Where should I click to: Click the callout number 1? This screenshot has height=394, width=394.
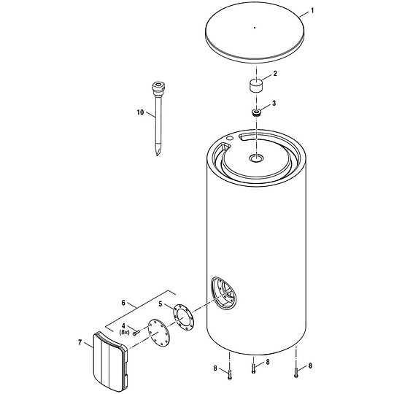point(312,11)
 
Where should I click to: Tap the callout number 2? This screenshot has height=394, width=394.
point(275,74)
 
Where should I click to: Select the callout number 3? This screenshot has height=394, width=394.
point(274,103)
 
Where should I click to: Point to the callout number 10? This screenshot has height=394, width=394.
point(140,112)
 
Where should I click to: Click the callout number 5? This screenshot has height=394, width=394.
point(161,304)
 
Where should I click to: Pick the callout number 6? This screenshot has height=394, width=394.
point(123,303)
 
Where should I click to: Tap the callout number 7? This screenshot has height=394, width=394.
point(80,342)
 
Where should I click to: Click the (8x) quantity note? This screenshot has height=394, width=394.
point(124,332)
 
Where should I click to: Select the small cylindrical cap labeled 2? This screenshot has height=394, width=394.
point(256,86)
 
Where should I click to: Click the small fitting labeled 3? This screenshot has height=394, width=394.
point(256,112)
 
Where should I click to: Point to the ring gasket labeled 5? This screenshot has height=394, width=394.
point(184,317)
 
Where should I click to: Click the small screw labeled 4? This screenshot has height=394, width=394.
point(136,333)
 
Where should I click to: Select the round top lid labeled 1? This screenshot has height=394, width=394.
point(255,33)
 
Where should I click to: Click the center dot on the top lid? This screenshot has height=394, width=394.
point(255,28)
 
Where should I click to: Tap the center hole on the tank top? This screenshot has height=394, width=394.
point(256,158)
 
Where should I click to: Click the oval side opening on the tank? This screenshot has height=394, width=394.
point(224,293)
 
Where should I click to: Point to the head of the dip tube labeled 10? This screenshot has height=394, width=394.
point(158,88)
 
